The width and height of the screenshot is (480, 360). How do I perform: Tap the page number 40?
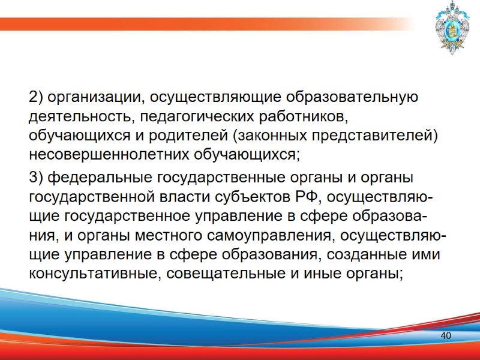tap(445, 335)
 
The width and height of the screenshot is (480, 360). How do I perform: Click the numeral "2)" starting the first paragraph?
tap(36, 97)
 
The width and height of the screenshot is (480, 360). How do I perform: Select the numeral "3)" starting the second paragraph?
tap(36, 178)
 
